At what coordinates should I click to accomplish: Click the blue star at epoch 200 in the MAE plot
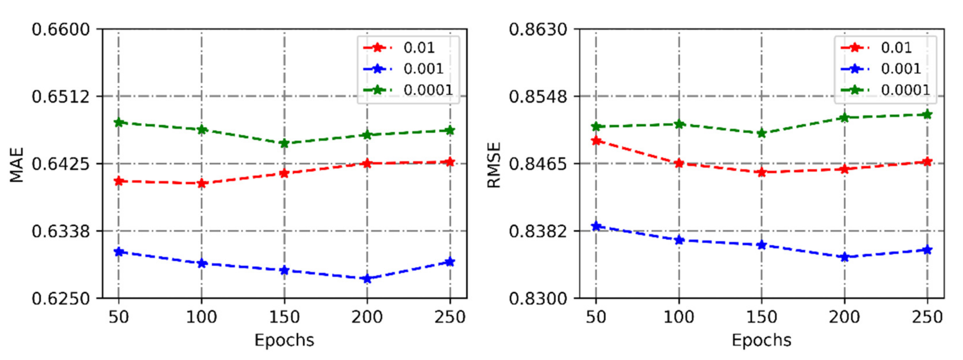point(367,278)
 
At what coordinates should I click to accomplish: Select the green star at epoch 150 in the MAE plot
point(285,143)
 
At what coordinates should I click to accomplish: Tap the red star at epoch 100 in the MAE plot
point(202,183)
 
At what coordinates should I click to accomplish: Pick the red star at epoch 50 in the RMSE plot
point(596,141)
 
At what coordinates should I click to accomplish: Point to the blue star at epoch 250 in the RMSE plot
point(927,250)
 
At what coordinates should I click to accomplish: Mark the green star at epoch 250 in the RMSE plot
point(927,114)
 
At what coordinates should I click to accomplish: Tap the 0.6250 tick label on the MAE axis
point(61,299)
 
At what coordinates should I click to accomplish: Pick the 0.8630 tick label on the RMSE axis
point(538,29)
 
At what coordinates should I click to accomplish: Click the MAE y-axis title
point(17,165)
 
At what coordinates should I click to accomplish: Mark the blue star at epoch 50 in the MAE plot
point(119,252)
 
